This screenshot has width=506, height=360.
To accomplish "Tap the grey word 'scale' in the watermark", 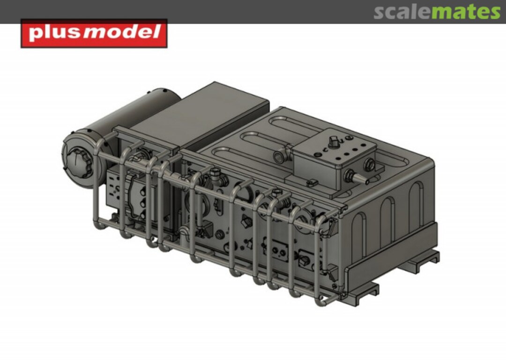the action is point(402,12).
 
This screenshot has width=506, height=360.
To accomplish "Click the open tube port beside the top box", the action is point(279,156).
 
